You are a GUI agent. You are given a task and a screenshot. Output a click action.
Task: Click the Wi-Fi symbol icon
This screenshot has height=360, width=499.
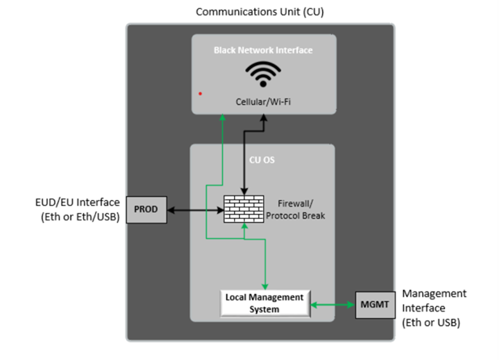click(x=262, y=75)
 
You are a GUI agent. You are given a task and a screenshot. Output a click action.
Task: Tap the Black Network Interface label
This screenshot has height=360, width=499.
click(x=262, y=50)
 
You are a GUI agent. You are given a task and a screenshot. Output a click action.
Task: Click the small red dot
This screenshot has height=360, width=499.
click(x=200, y=94)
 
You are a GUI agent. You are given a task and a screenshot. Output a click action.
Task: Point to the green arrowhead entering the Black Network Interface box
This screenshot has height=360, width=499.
click(x=223, y=118)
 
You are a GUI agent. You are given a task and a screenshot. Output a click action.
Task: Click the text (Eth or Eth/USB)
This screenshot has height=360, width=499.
click(x=80, y=216)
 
